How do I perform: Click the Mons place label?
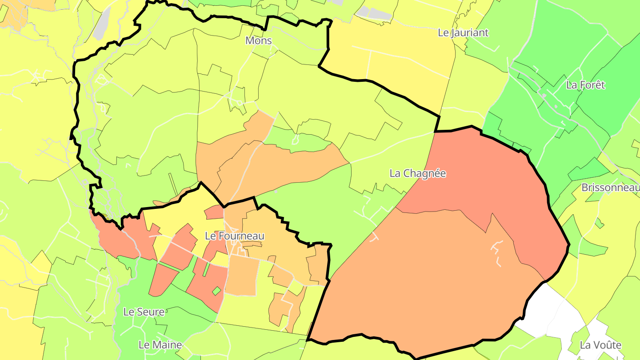(x=258, y=41)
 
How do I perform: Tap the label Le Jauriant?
(x=463, y=32)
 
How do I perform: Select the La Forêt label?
(x=585, y=85)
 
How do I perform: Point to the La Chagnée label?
(x=417, y=173)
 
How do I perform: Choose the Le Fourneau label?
(x=235, y=236)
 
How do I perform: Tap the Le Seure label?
(x=144, y=312)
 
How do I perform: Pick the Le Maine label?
(x=160, y=345)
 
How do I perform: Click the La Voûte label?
(x=600, y=345)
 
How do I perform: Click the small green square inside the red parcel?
(x=216, y=291)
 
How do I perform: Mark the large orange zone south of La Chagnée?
(x=422, y=276)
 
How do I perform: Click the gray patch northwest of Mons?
(x=103, y=24)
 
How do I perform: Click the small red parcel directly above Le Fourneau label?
(x=215, y=212)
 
